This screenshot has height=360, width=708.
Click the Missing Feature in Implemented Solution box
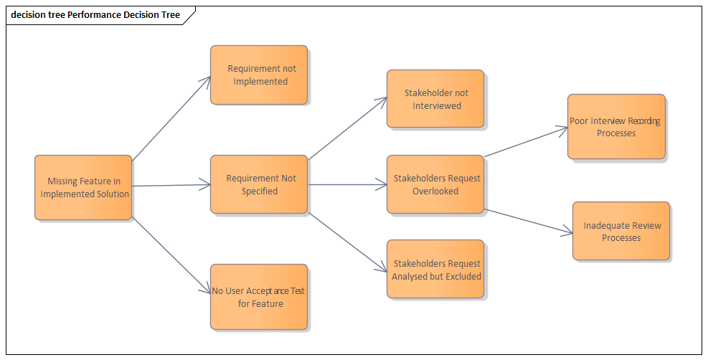pyautogui.click(x=83, y=187)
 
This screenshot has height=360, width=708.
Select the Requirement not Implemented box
pyautogui.click(x=259, y=75)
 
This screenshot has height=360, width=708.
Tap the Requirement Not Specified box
pyautogui.click(x=259, y=184)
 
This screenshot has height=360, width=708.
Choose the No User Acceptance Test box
pyautogui.click(x=259, y=297)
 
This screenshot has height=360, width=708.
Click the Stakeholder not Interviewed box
pyautogui.click(x=435, y=99)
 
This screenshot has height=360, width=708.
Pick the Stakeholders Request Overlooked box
pyautogui.click(x=435, y=184)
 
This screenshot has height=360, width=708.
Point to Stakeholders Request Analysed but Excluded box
pyautogui.click(x=435, y=269)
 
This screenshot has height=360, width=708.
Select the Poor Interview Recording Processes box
pyautogui.click(x=616, y=126)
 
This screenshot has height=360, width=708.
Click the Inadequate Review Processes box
pyautogui.click(x=621, y=231)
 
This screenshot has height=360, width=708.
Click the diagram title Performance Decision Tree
pyautogui.click(x=123, y=14)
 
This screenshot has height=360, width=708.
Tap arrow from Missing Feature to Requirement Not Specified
pyautogui.click(x=171, y=186)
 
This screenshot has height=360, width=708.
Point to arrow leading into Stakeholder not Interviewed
pyautogui.click(x=348, y=127)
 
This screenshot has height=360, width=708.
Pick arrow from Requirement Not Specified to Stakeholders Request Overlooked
pyautogui.click(x=348, y=185)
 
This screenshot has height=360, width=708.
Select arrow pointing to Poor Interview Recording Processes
pyautogui.click(x=526, y=142)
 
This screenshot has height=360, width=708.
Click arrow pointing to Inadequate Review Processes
pyautogui.click(x=529, y=221)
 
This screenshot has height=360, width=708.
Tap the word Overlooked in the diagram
pyautogui.click(x=435, y=191)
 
